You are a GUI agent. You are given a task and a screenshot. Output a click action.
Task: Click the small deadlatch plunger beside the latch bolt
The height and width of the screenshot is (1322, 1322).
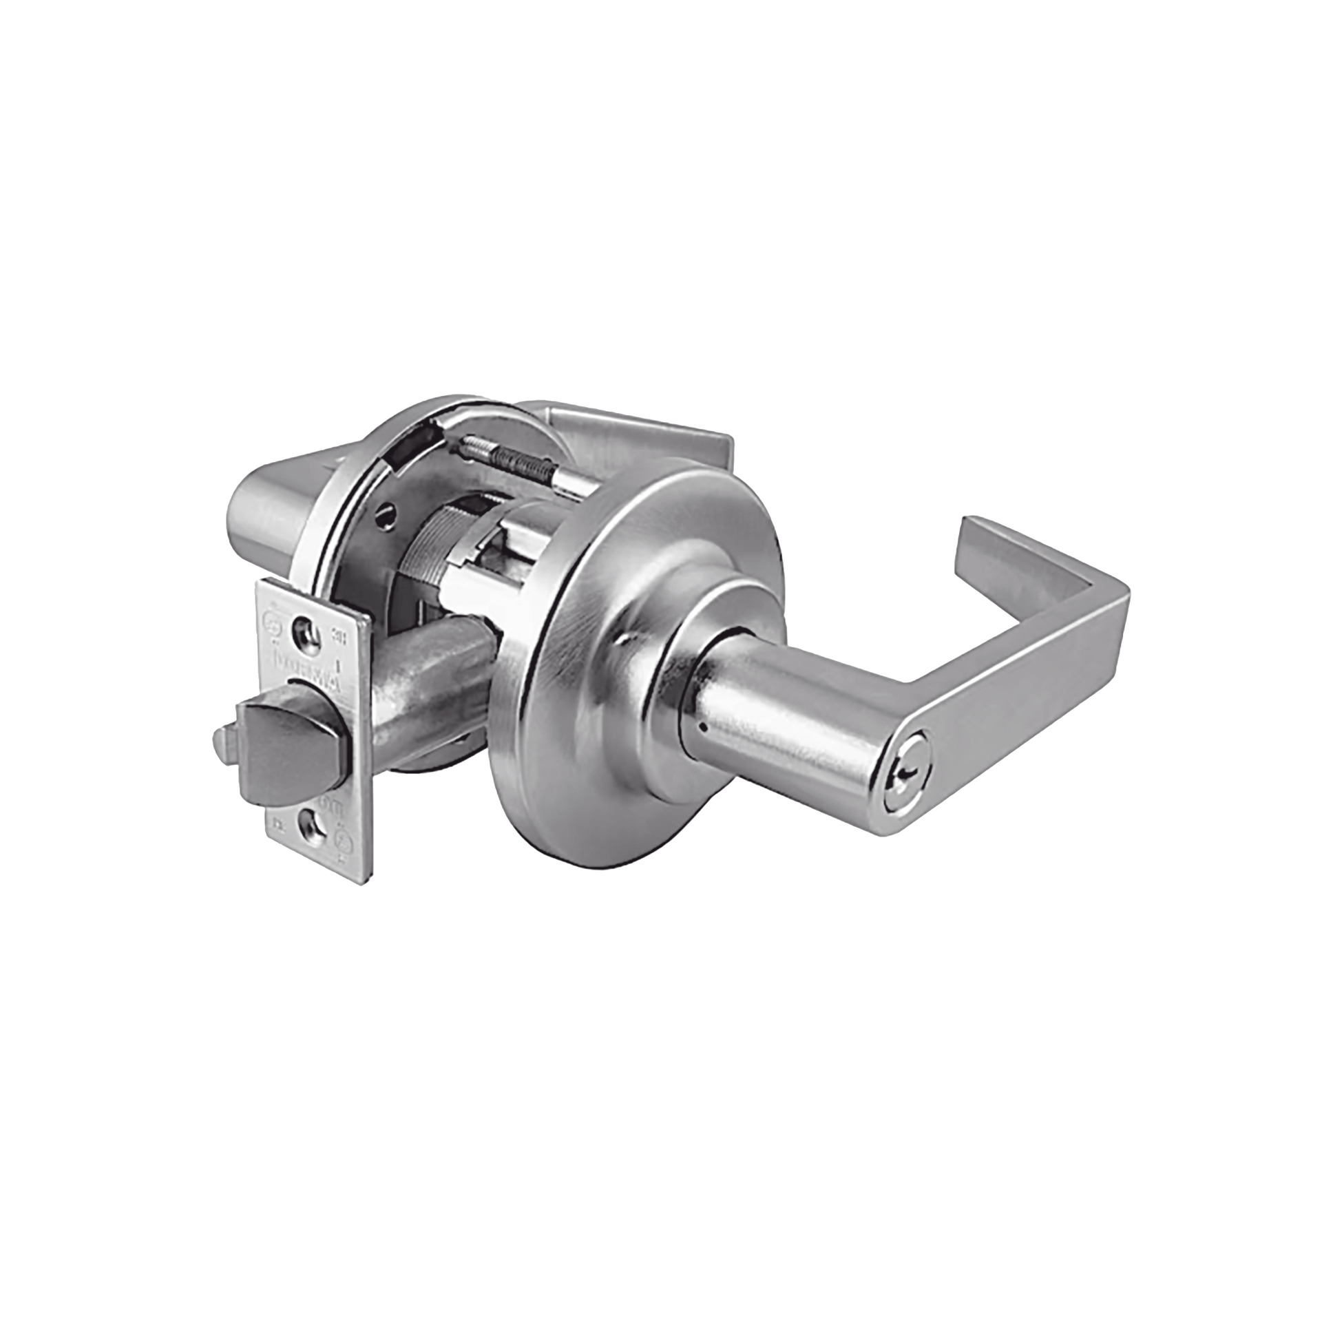[x=221, y=742]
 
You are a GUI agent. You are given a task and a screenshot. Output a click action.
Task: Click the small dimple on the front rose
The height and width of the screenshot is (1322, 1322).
[x=623, y=641]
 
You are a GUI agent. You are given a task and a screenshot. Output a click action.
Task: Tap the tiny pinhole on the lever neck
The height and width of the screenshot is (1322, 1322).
[x=700, y=728]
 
